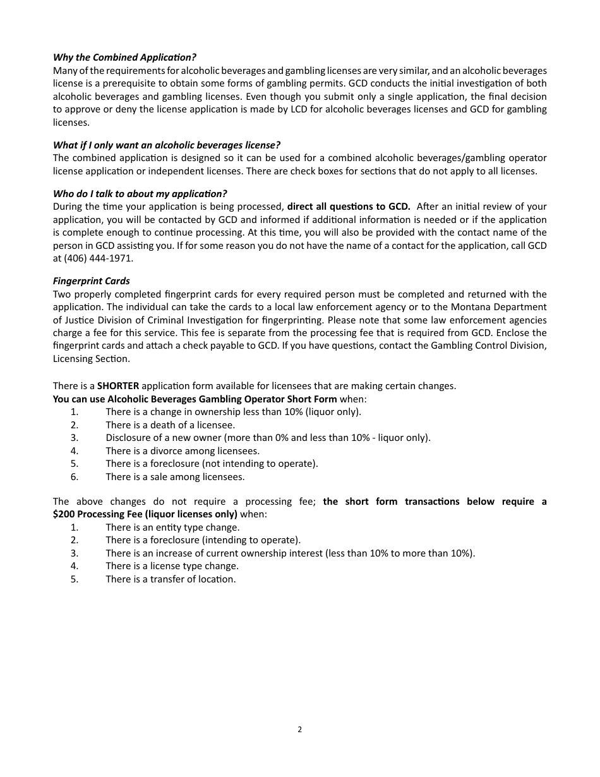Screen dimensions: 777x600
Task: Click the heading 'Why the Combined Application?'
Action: (124, 57)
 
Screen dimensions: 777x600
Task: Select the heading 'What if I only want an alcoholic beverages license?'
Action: (167, 145)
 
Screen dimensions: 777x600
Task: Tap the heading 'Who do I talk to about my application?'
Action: (140, 193)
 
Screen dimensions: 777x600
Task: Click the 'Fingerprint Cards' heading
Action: (92, 281)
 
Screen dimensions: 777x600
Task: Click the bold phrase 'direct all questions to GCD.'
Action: (349, 207)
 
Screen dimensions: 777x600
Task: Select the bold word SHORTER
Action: (118, 386)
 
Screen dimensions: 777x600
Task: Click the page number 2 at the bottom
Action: (299, 730)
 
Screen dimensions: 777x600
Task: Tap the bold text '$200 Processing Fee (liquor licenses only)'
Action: (145, 514)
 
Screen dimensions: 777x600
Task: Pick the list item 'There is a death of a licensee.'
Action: (170, 425)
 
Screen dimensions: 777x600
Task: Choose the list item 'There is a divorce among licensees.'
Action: (183, 451)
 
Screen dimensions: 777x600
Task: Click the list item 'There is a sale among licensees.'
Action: (175, 477)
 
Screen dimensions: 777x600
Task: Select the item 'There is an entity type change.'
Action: (172, 527)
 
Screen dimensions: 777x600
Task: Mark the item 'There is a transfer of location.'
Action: (171, 579)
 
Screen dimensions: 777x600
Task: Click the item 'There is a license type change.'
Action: (172, 566)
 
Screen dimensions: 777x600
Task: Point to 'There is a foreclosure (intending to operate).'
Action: (203, 540)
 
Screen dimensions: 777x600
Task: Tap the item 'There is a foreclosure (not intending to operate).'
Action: (212, 464)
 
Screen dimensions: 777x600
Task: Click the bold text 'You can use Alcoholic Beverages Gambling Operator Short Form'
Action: (195, 399)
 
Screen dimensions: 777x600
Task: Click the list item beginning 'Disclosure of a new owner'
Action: (268, 438)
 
